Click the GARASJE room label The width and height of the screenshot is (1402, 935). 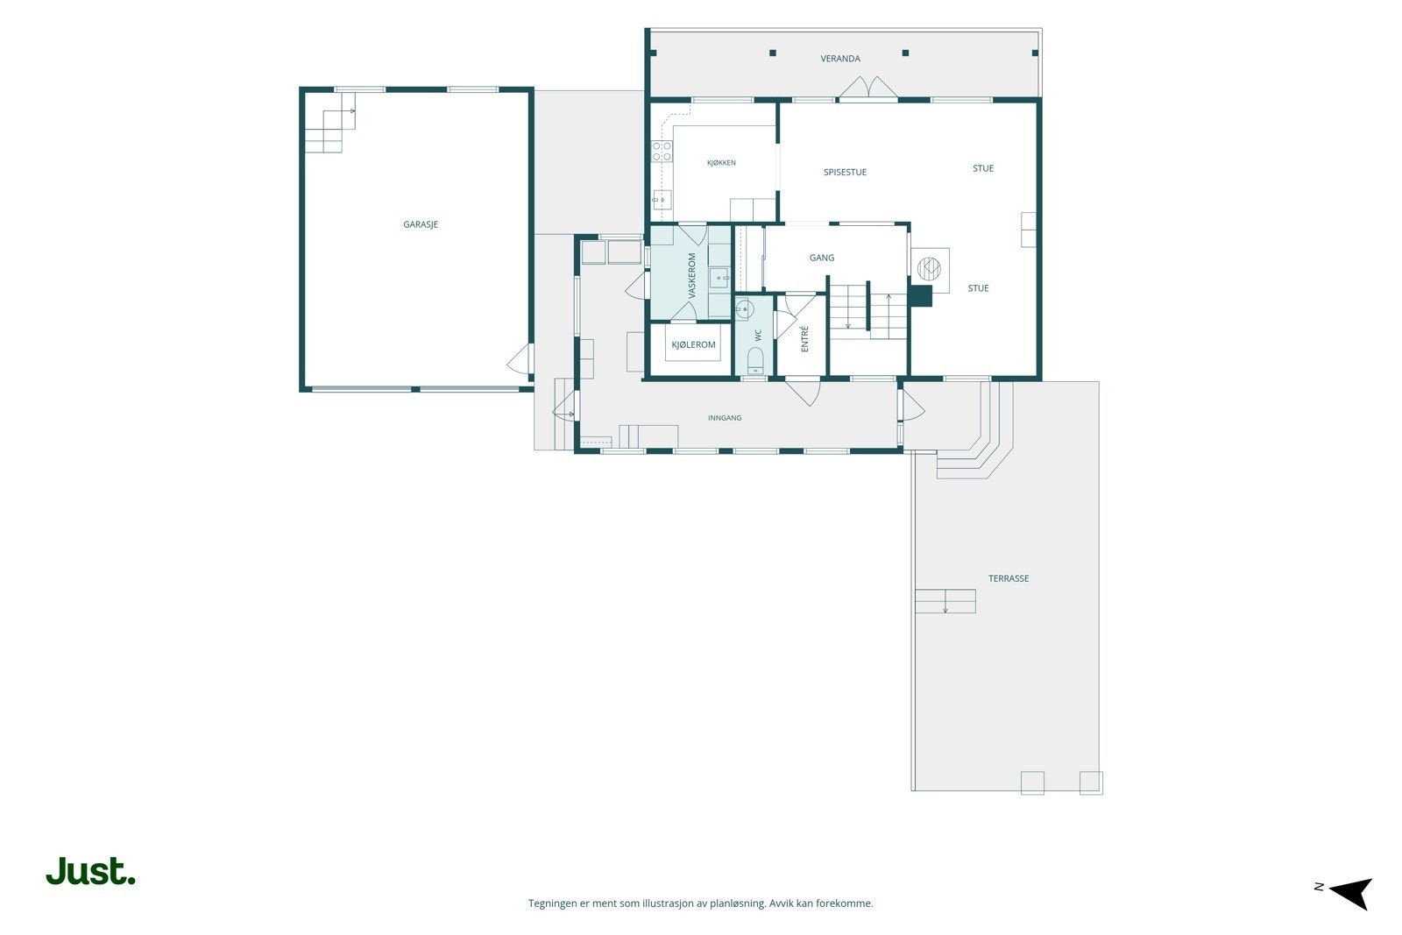point(421,224)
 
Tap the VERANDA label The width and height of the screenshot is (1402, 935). point(840,59)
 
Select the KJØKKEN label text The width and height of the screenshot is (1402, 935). point(721,163)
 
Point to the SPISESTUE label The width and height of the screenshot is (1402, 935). point(845,172)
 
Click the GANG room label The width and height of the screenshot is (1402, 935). point(822,258)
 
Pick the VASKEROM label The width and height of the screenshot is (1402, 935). point(692,275)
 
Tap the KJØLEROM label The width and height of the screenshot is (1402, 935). point(693,344)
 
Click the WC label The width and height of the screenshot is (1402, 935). point(759,336)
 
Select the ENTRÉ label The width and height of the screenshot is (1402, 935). point(805,338)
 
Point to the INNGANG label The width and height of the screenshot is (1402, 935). point(725,417)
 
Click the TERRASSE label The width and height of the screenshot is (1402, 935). point(1009,578)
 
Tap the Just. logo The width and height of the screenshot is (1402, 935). point(91,870)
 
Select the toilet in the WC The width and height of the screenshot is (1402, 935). point(755,361)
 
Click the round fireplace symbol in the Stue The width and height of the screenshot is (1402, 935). point(929,268)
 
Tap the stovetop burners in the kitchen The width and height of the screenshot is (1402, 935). point(662,151)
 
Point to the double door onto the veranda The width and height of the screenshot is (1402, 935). point(868,88)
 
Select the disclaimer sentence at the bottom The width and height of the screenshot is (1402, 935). point(700,903)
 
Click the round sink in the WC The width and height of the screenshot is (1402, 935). point(744,309)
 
